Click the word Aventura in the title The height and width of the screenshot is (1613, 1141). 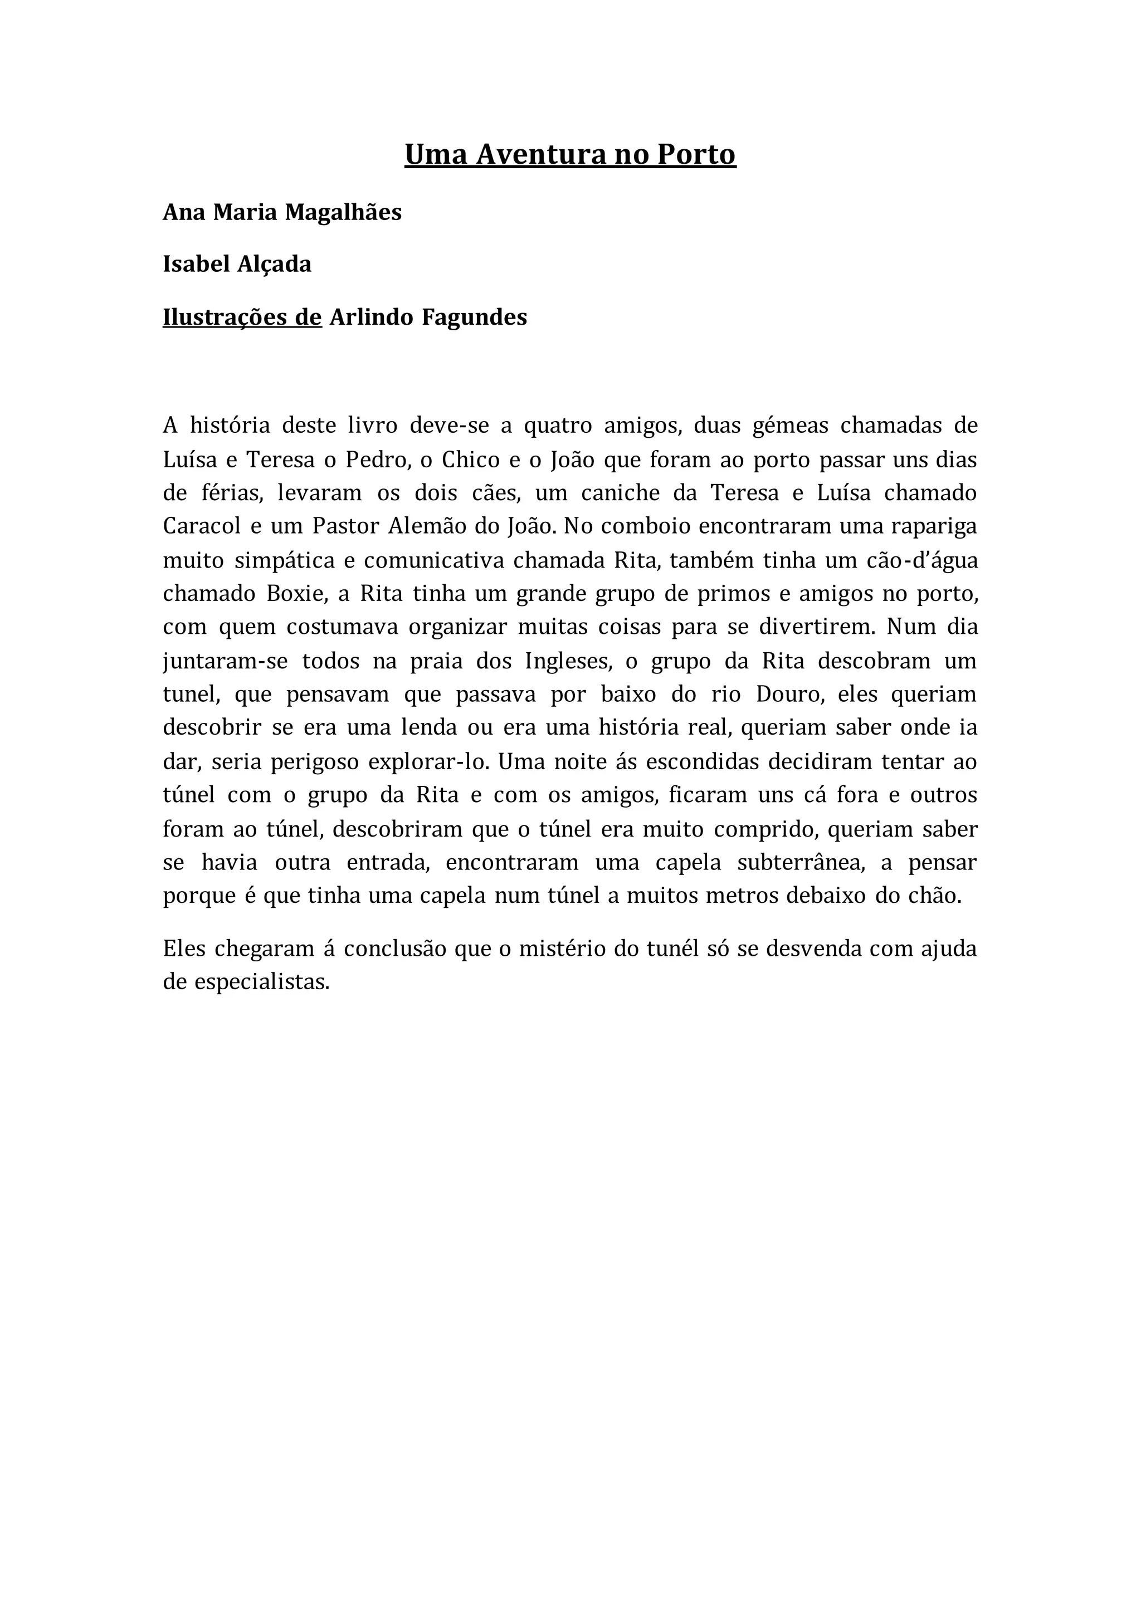pos(541,154)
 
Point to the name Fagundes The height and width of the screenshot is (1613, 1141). pos(474,317)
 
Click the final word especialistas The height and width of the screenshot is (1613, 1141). pos(261,982)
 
